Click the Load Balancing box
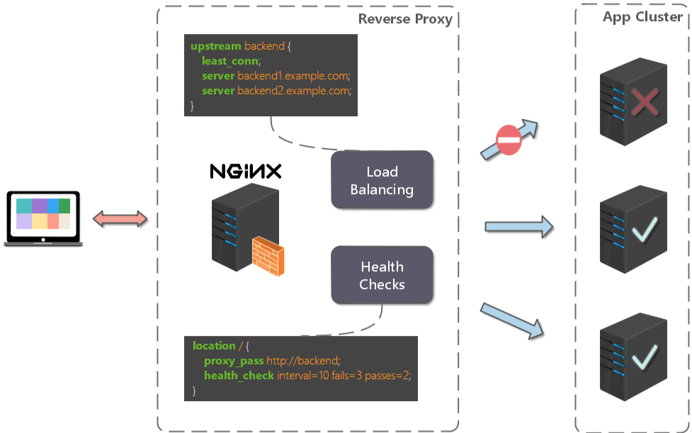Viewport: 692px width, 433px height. [382, 180]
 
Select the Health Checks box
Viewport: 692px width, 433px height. [382, 276]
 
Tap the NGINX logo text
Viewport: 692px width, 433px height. [246, 171]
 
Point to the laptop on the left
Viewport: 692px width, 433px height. [43, 218]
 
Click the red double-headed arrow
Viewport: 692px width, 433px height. [120, 218]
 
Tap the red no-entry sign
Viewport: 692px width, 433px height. [509, 141]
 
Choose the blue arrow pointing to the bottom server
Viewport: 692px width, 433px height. [515, 320]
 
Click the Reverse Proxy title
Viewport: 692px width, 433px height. [405, 19]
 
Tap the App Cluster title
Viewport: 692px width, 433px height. [642, 17]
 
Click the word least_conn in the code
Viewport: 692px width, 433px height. [230, 61]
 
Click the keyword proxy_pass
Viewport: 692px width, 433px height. [234, 361]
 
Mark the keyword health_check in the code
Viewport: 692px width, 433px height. [239, 376]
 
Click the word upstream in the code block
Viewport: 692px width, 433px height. [215, 46]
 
